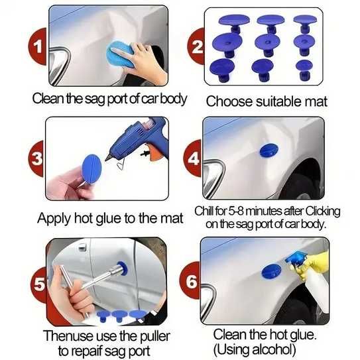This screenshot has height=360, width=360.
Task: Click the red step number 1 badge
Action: tap(38, 46)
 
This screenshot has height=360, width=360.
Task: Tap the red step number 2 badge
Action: tap(196, 46)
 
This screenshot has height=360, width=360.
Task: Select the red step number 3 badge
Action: tap(36, 158)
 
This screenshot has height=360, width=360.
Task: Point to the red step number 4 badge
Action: tap(193, 158)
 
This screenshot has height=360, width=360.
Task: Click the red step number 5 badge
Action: tap(39, 284)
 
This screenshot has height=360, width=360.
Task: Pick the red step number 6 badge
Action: tap(190, 280)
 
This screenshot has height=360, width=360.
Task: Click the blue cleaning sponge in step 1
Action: tap(119, 54)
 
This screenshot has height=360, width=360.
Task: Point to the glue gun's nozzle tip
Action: tap(106, 160)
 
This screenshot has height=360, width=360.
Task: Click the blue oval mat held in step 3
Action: tap(91, 169)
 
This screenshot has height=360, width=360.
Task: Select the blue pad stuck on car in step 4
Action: tap(269, 150)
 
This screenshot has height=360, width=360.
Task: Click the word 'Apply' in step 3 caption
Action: tap(54, 218)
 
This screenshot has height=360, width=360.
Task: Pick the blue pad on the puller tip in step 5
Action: tap(122, 268)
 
